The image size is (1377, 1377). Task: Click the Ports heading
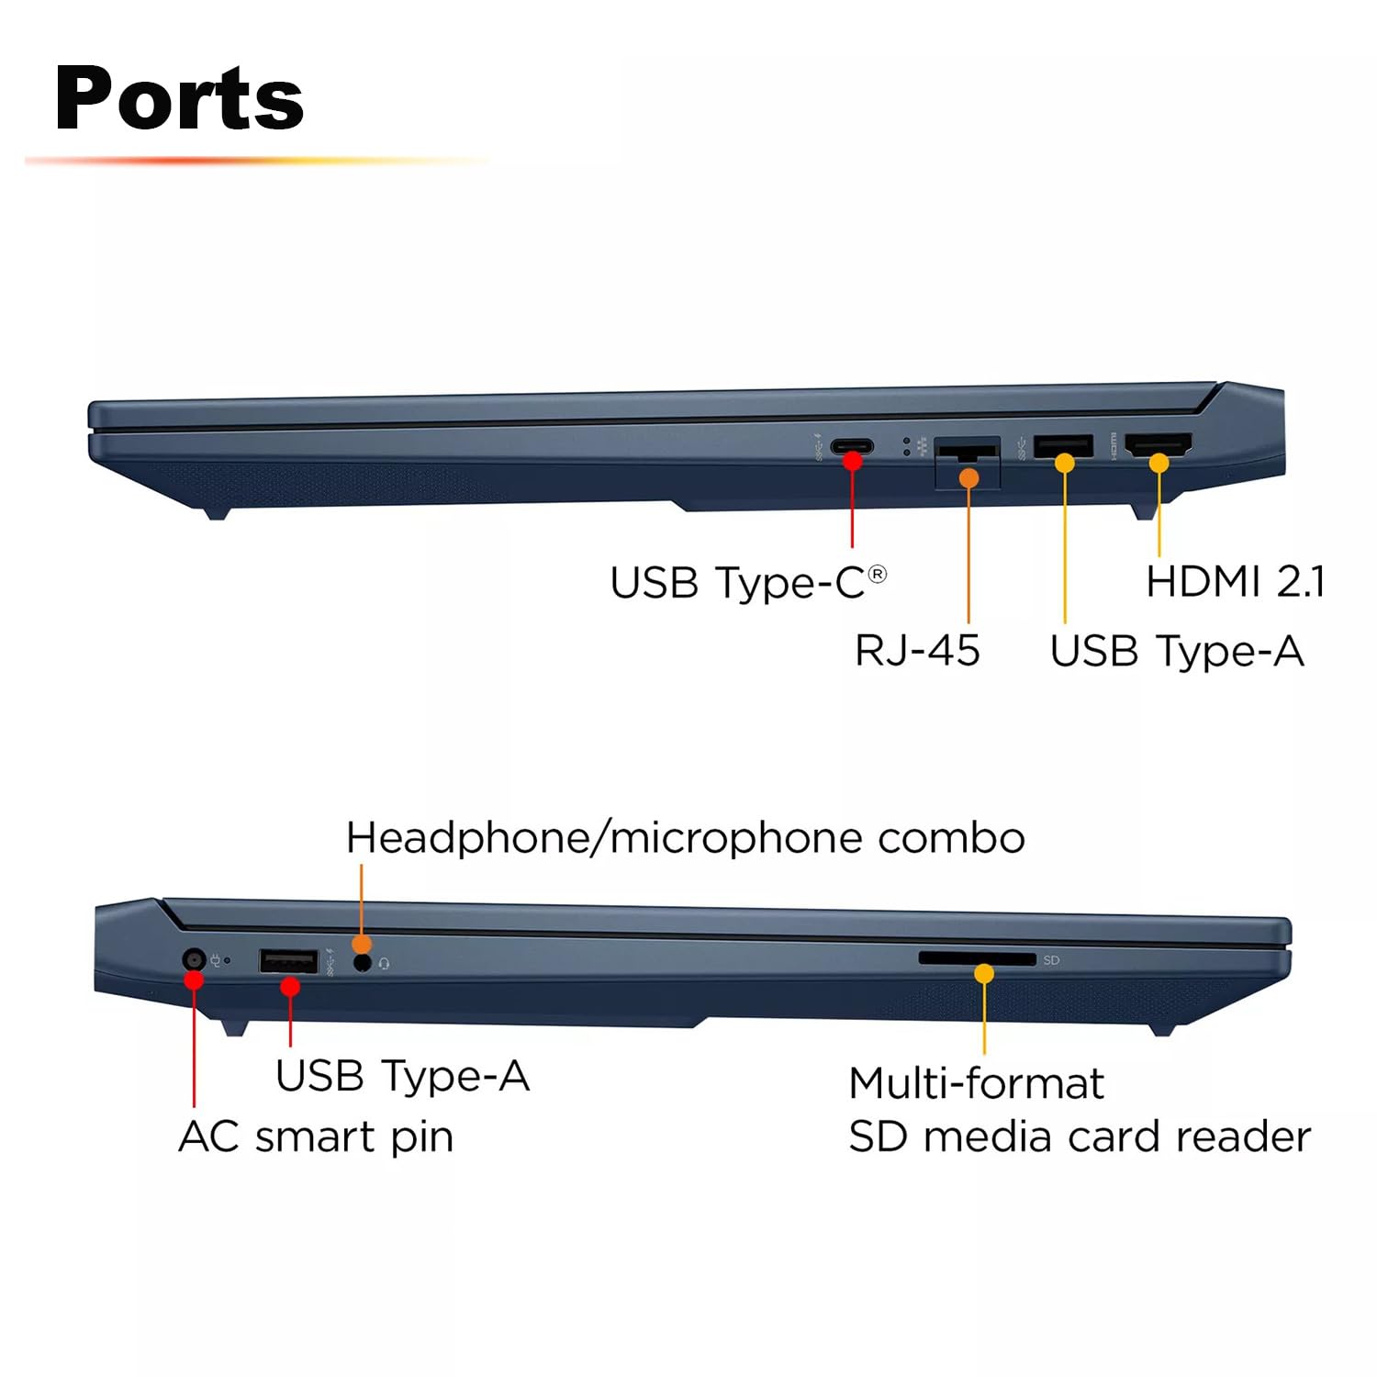(x=179, y=99)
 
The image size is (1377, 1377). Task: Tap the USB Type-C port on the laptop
(x=852, y=447)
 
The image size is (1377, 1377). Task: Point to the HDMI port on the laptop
(x=1159, y=445)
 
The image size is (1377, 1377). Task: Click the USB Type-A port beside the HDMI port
(x=1063, y=445)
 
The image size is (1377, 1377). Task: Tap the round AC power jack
(x=193, y=960)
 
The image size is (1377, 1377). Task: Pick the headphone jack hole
(x=363, y=963)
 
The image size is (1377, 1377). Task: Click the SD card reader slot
(x=976, y=958)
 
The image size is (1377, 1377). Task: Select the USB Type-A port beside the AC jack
(x=288, y=961)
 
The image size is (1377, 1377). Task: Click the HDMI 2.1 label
(x=1235, y=581)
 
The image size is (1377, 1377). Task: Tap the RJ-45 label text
(x=917, y=651)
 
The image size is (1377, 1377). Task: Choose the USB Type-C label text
(x=738, y=583)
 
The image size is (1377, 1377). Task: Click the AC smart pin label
(x=316, y=1136)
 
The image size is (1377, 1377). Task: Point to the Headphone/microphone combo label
(x=685, y=838)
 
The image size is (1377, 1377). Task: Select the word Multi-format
(x=976, y=1083)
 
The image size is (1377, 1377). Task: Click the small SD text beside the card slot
(x=1051, y=960)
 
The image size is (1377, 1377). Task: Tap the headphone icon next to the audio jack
(x=384, y=964)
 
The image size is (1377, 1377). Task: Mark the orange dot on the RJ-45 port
(x=968, y=477)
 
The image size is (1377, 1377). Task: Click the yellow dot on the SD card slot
(x=984, y=974)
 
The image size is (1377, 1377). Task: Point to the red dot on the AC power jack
(x=194, y=980)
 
